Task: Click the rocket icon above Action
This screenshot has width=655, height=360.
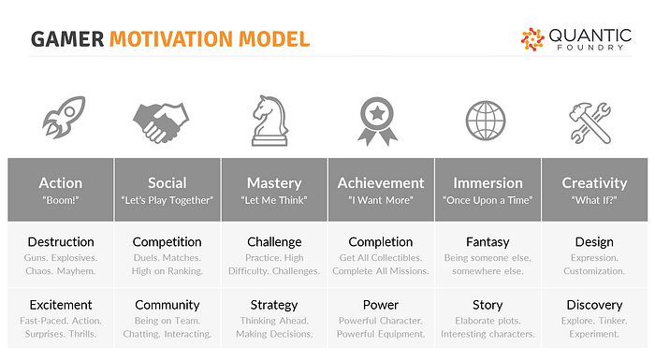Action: pyautogui.click(x=64, y=117)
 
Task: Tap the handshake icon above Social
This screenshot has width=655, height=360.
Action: pyautogui.click(x=161, y=122)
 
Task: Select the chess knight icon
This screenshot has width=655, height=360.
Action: pyautogui.click(x=269, y=121)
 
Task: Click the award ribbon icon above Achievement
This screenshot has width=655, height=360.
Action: pyautogui.click(x=377, y=122)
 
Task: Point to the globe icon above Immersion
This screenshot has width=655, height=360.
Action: pyautogui.click(x=486, y=121)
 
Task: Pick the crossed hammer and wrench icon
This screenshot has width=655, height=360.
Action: pyautogui.click(x=590, y=123)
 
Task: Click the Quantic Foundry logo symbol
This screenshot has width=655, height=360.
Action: pyautogui.click(x=532, y=39)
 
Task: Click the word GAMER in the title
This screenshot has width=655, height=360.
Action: pyautogui.click(x=67, y=39)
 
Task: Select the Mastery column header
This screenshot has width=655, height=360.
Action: pyautogui.click(x=274, y=183)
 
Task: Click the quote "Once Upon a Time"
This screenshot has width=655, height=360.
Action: pyautogui.click(x=488, y=200)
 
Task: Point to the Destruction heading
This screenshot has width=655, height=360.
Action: pyautogui.click(x=61, y=242)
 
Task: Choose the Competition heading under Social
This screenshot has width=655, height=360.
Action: pyautogui.click(x=167, y=242)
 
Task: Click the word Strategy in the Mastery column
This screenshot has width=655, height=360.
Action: pyautogui.click(x=274, y=305)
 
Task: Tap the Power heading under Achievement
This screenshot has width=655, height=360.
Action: pyautogui.click(x=381, y=305)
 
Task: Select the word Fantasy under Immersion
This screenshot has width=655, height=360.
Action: pyautogui.click(x=488, y=242)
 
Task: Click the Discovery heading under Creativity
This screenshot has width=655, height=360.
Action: pyautogui.click(x=594, y=305)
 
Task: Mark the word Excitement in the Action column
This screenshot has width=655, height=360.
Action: pyautogui.click(x=61, y=305)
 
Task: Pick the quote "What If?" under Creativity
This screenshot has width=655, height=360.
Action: pyautogui.click(x=594, y=200)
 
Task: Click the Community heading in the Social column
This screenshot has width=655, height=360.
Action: pyautogui.click(x=167, y=305)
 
